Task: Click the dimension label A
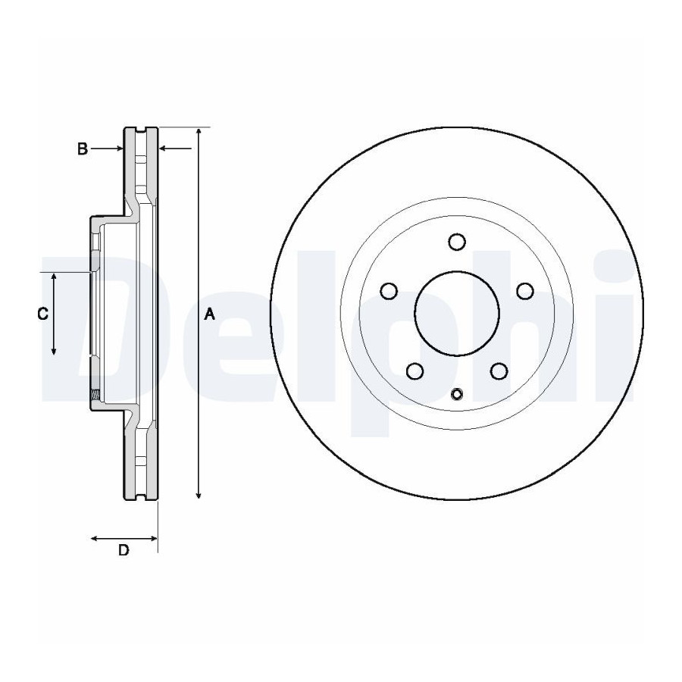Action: pyautogui.click(x=210, y=314)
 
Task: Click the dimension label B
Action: pyautogui.click(x=83, y=149)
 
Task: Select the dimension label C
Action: pyautogui.click(x=42, y=313)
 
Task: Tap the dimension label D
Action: pyautogui.click(x=124, y=550)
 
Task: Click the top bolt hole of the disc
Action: pyautogui.click(x=457, y=242)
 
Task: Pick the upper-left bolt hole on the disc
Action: pyautogui.click(x=389, y=291)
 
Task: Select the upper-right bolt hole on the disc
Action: pyautogui.click(x=525, y=291)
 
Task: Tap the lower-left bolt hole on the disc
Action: pyautogui.click(x=415, y=371)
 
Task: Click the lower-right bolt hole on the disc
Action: pyautogui.click(x=499, y=371)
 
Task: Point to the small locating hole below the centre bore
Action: pyautogui.click(x=457, y=395)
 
